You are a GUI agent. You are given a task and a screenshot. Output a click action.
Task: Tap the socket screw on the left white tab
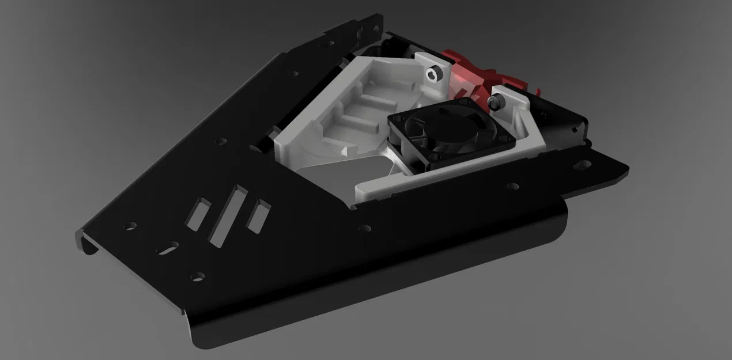433,74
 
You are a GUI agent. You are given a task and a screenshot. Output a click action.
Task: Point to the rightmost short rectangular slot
258,216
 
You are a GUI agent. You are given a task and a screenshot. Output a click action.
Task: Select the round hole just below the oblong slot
197,276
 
